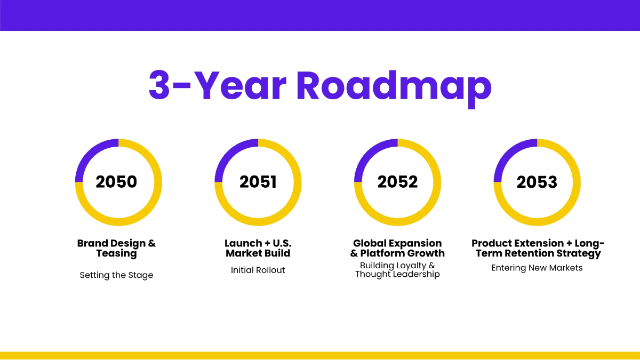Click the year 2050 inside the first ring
pos(116,182)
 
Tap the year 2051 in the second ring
pos(258,182)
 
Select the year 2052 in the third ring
pos(397,182)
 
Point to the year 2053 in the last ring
pos(537,182)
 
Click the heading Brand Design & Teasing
pos(116,248)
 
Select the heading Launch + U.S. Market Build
pos(258,248)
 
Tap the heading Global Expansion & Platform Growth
pos(397,248)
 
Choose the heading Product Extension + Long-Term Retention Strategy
pos(538,248)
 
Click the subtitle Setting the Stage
pos(116,275)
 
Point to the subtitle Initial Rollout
pos(258,270)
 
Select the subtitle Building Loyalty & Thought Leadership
pos(397,270)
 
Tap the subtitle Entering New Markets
pos(537,268)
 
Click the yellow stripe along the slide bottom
pos(320,355)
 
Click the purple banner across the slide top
pos(320,15)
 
